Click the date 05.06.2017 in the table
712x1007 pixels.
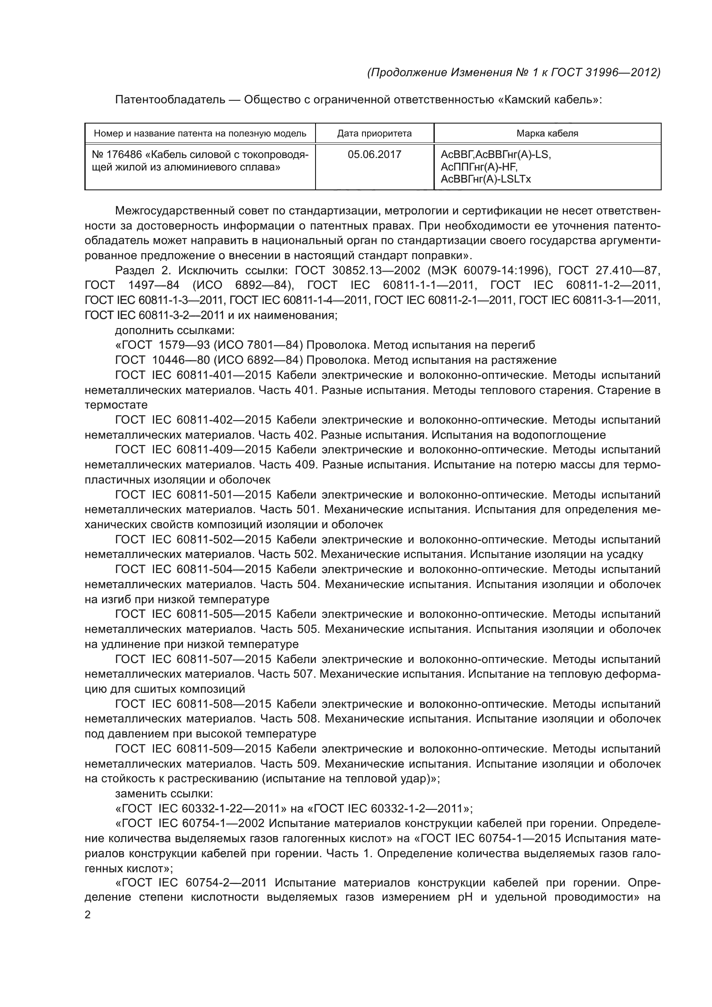(375, 155)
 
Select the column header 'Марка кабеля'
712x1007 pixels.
(547, 133)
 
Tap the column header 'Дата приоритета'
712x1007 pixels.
(375, 133)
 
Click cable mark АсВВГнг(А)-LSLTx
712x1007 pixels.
(485, 179)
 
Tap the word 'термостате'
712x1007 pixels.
(116, 404)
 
